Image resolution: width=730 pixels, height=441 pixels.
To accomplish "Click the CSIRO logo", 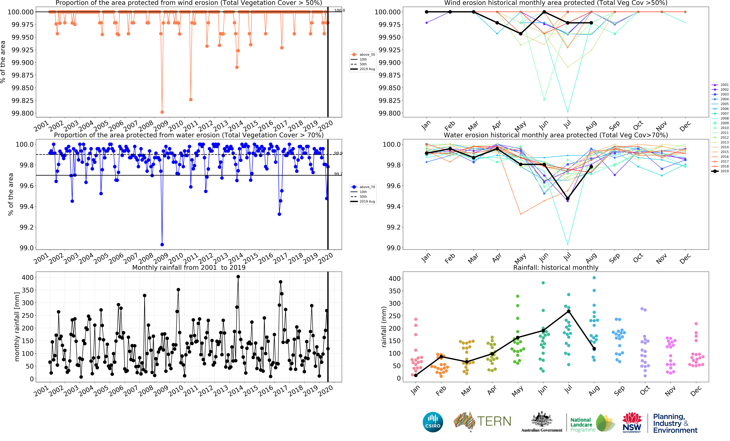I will pos(433,422).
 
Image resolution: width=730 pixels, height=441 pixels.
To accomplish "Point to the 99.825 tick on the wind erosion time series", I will pos(23,100).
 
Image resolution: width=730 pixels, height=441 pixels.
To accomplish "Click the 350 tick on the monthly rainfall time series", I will pos(28,290).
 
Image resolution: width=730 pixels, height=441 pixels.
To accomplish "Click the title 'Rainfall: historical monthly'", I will pos(556,267).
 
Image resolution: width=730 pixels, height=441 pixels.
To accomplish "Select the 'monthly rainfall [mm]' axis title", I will pos(17,327).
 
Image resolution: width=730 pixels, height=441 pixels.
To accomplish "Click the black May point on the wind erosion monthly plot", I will pos(521,34).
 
